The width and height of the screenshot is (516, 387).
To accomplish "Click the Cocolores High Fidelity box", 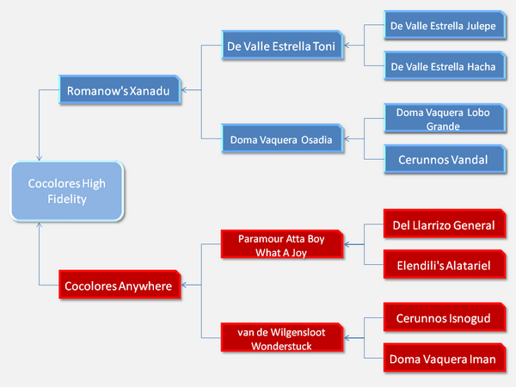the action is coord(67,191).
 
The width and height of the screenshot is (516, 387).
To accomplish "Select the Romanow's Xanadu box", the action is coord(120,89).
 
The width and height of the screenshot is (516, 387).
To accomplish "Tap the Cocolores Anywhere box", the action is coord(120,285).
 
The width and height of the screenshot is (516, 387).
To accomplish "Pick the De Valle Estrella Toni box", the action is coord(282,45).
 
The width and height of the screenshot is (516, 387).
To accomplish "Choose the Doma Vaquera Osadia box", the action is coord(282,138).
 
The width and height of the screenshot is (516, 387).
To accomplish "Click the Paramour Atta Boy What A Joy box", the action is coord(282,244).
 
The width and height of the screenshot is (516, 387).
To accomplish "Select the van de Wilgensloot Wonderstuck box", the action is coord(282,338).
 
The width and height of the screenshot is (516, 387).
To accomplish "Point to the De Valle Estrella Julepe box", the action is coord(445,25).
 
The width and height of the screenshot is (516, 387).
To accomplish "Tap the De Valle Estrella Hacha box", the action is coord(445,65).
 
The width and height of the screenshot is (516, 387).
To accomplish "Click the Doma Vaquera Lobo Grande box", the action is coord(445,119).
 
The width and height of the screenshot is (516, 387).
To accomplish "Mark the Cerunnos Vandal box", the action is coord(445,159).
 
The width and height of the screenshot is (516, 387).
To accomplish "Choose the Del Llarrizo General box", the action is coord(445,224).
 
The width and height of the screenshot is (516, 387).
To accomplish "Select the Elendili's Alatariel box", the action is coord(445,264).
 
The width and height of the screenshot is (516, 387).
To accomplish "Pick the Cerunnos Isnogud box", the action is coord(445,317).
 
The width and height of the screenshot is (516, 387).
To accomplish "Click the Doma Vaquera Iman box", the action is coord(445,358).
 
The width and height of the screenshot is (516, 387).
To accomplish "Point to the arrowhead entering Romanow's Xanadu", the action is coord(184,89).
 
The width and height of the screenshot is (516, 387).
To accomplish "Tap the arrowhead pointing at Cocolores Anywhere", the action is coord(184,285).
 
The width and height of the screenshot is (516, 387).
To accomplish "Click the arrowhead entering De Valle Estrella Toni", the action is coord(347,45).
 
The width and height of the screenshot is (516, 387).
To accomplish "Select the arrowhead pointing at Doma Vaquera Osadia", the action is coord(347,138).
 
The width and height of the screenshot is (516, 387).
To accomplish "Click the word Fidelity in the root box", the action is coord(67,200).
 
